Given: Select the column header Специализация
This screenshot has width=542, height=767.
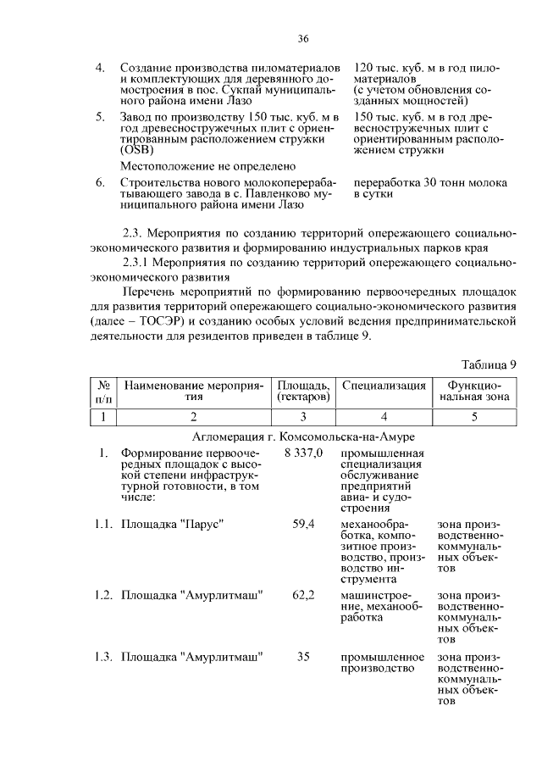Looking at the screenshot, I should (384, 386).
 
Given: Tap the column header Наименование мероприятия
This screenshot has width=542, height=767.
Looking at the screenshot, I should (195, 391).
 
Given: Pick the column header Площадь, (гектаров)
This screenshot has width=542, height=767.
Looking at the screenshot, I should (303, 391).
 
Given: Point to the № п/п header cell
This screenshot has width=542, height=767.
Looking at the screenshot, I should (103, 391).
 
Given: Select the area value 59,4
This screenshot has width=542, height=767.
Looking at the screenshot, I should (303, 525).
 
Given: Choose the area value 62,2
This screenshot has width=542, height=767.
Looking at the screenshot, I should (303, 595).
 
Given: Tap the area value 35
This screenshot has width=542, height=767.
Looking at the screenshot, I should (303, 656).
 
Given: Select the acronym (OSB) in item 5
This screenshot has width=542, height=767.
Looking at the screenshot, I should (137, 150).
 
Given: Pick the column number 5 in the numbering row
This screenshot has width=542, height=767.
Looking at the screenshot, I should (474, 416).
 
